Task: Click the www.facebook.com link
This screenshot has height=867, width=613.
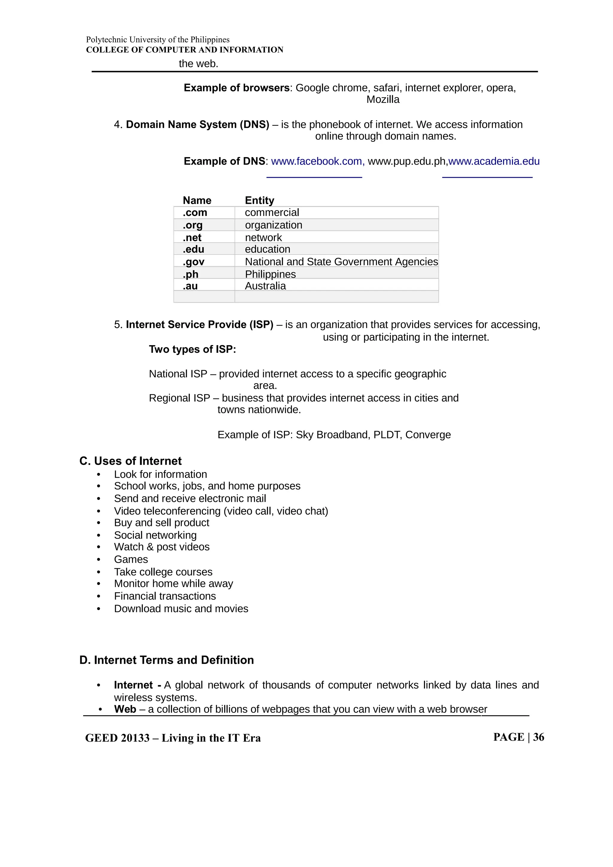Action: (316, 161)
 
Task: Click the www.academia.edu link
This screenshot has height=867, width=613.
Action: (494, 161)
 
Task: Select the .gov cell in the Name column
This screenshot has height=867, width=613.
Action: (193, 262)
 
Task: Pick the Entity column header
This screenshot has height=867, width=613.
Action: (260, 200)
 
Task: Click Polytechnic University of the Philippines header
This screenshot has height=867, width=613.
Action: (157, 40)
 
